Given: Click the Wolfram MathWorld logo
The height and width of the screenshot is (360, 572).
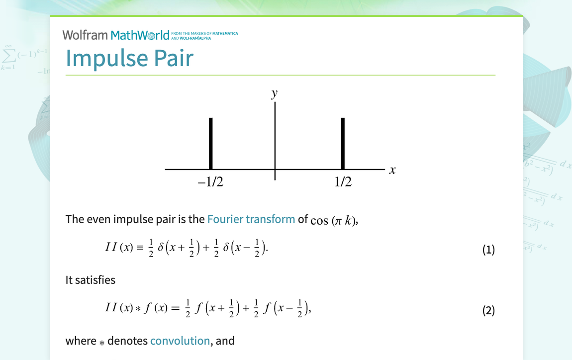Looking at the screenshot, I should [x=119, y=35].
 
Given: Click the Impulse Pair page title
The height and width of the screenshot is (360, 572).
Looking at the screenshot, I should [x=129, y=58].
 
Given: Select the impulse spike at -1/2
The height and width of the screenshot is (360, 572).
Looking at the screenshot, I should [x=211, y=143].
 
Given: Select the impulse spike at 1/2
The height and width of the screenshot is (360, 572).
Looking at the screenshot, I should [x=343, y=143].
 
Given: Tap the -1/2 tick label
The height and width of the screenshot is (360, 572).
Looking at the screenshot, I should [x=210, y=182].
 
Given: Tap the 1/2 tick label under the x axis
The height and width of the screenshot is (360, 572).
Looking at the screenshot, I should [x=343, y=182].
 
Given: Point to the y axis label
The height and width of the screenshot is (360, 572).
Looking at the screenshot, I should [x=274, y=93].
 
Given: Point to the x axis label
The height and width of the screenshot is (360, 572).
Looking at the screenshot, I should [x=392, y=170].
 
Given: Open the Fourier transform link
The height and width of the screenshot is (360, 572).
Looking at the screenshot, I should [x=251, y=219].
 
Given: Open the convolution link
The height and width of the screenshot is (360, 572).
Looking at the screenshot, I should [x=180, y=341].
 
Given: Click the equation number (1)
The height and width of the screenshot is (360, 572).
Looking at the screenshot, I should [x=488, y=250].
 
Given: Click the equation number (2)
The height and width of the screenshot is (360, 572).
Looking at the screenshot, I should [x=488, y=311].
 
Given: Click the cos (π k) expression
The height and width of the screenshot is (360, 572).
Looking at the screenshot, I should [x=333, y=220].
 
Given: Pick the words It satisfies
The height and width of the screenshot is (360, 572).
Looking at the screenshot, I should [x=91, y=280].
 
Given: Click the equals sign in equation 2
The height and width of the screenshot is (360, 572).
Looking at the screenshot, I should [x=175, y=309].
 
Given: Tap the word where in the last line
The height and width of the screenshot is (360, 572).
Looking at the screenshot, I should [x=81, y=341].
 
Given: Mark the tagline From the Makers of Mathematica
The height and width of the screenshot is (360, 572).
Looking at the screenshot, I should [x=204, y=33].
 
